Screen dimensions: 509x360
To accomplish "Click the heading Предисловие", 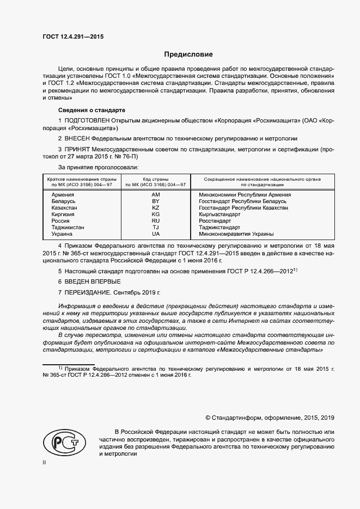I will [189, 54].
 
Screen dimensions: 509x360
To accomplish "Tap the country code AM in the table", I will [156, 194].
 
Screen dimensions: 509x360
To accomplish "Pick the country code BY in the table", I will [156, 201].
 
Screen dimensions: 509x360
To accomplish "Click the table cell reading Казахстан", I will [64, 207].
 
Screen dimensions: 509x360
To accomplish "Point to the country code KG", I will [156, 214].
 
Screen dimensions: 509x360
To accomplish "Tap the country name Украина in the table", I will [62, 234].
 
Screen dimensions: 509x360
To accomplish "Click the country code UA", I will [156, 234].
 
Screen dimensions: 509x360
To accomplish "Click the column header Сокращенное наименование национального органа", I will [262, 179].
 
